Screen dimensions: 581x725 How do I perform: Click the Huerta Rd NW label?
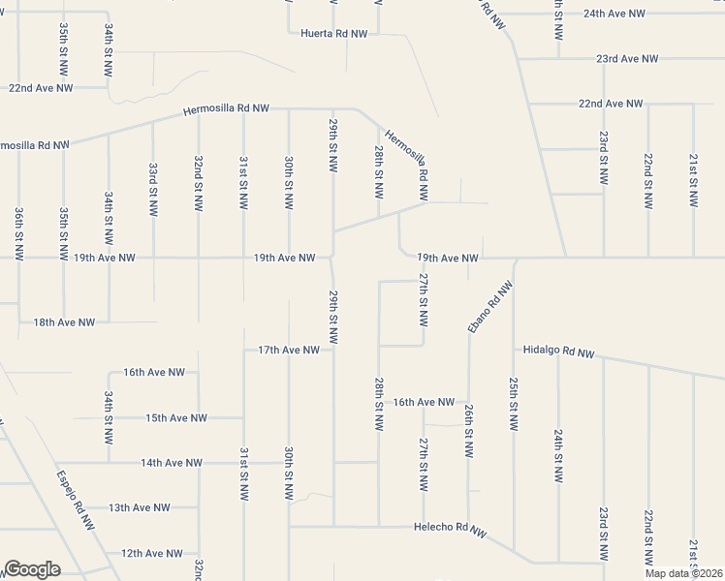click(x=331, y=33)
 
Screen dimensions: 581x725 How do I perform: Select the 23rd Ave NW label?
click(x=627, y=59)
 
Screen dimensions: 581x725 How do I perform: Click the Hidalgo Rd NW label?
click(x=557, y=352)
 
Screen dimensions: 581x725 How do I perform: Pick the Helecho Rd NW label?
click(x=449, y=529)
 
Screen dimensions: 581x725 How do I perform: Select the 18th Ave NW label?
click(x=64, y=321)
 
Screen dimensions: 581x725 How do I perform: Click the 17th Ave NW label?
click(x=289, y=350)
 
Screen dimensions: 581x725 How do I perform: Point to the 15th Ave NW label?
click(x=176, y=418)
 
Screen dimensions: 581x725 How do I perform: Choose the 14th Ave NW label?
click(x=172, y=463)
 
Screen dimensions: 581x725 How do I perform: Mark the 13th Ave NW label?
click(x=140, y=507)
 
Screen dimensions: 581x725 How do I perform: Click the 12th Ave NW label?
click(x=152, y=554)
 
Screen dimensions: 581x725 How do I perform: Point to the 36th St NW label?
click(x=18, y=232)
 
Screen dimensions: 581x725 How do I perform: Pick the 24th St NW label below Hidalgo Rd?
click(x=558, y=453)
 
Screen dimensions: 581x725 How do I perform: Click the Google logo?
click(x=32, y=569)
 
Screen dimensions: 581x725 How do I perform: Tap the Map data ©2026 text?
click(x=682, y=573)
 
